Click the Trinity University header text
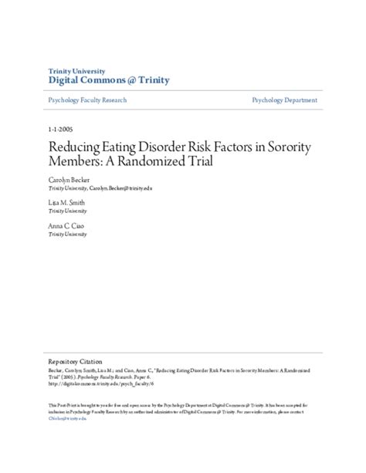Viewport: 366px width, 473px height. (78, 70)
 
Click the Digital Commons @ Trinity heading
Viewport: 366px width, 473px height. (109, 80)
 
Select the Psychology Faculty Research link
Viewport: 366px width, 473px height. (87, 101)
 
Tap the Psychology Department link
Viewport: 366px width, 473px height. (284, 101)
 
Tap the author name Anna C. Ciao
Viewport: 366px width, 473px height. (67, 225)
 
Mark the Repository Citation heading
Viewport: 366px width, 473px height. (76, 360)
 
